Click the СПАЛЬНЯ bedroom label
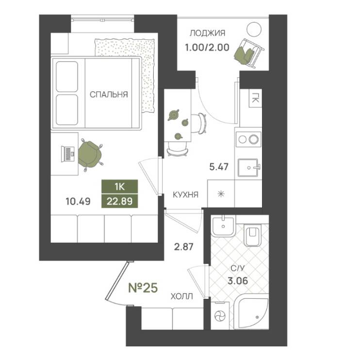click(109, 95)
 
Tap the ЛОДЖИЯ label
click(207, 33)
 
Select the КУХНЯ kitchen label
click(185, 195)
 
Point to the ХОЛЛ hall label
click(181, 296)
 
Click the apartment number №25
click(143, 288)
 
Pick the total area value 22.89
click(120, 201)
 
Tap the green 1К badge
click(120, 187)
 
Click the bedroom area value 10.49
click(78, 201)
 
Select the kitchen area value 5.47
click(219, 167)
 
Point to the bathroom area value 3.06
click(238, 280)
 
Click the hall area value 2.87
click(184, 247)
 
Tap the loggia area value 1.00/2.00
click(207, 48)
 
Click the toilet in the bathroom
click(253, 235)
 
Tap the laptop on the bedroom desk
click(68, 154)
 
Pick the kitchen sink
click(249, 167)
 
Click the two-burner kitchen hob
click(248, 139)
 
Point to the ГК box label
click(255, 98)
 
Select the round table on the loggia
click(254, 29)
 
